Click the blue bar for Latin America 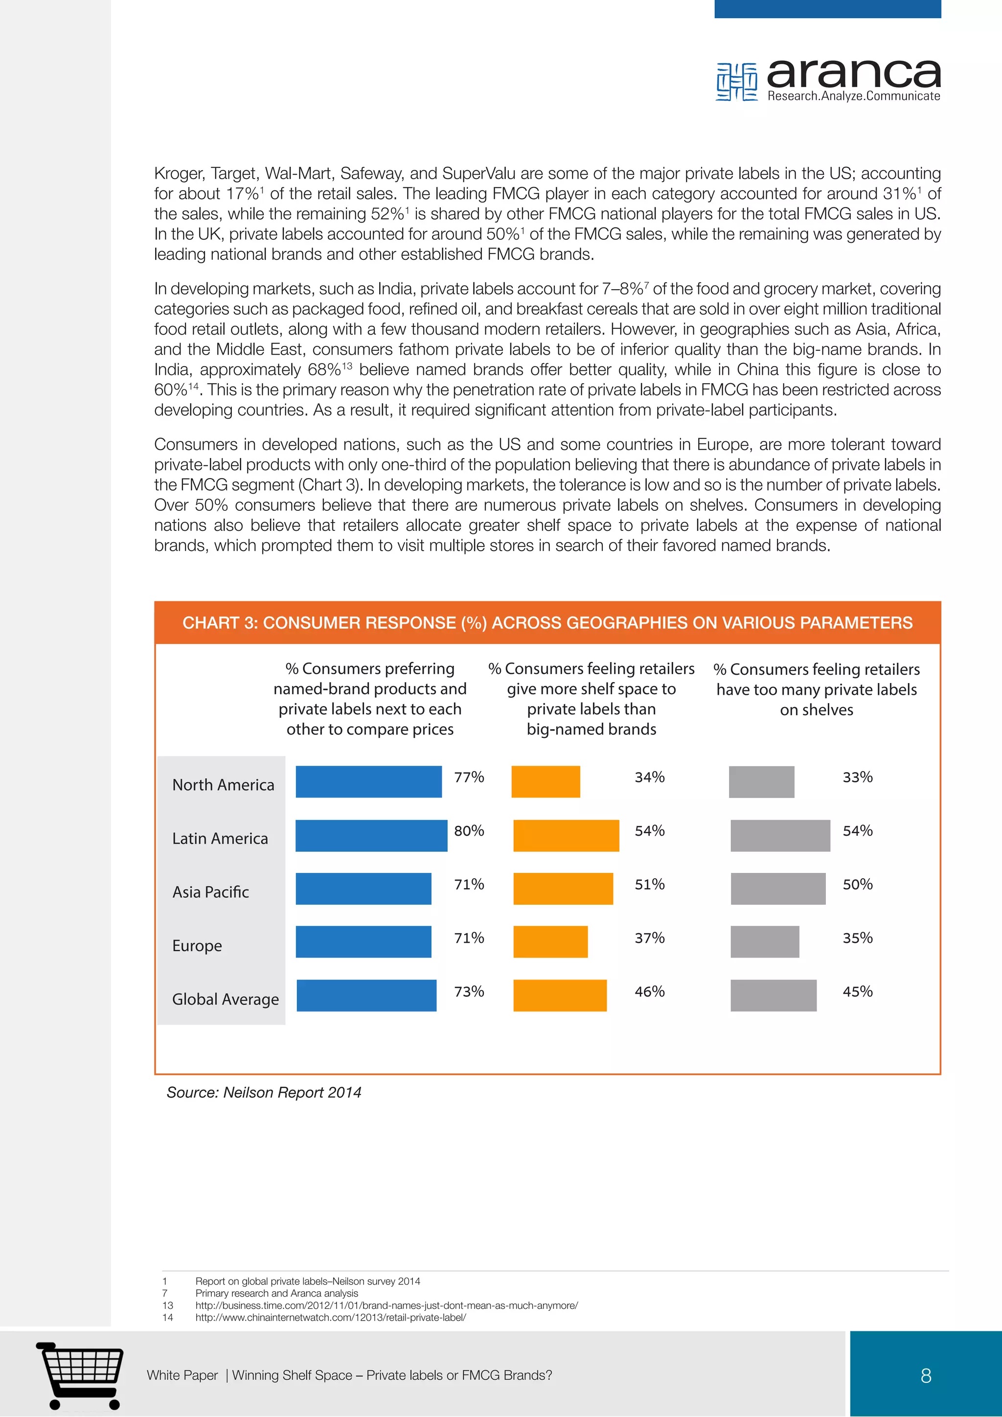coord(371,836)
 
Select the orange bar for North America coord(546,781)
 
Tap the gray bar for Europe coord(764,942)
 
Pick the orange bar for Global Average coord(560,996)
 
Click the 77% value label coord(469,777)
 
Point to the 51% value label coord(650,884)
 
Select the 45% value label coord(858,992)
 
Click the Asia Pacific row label coord(210,892)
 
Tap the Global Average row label coord(225,999)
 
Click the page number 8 coord(926,1375)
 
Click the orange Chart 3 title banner coord(547,623)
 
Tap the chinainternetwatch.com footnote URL coord(331,1317)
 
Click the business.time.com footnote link coord(386,1305)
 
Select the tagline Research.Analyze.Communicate coord(853,96)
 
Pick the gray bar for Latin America coord(780,836)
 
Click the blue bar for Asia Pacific coord(363,889)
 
